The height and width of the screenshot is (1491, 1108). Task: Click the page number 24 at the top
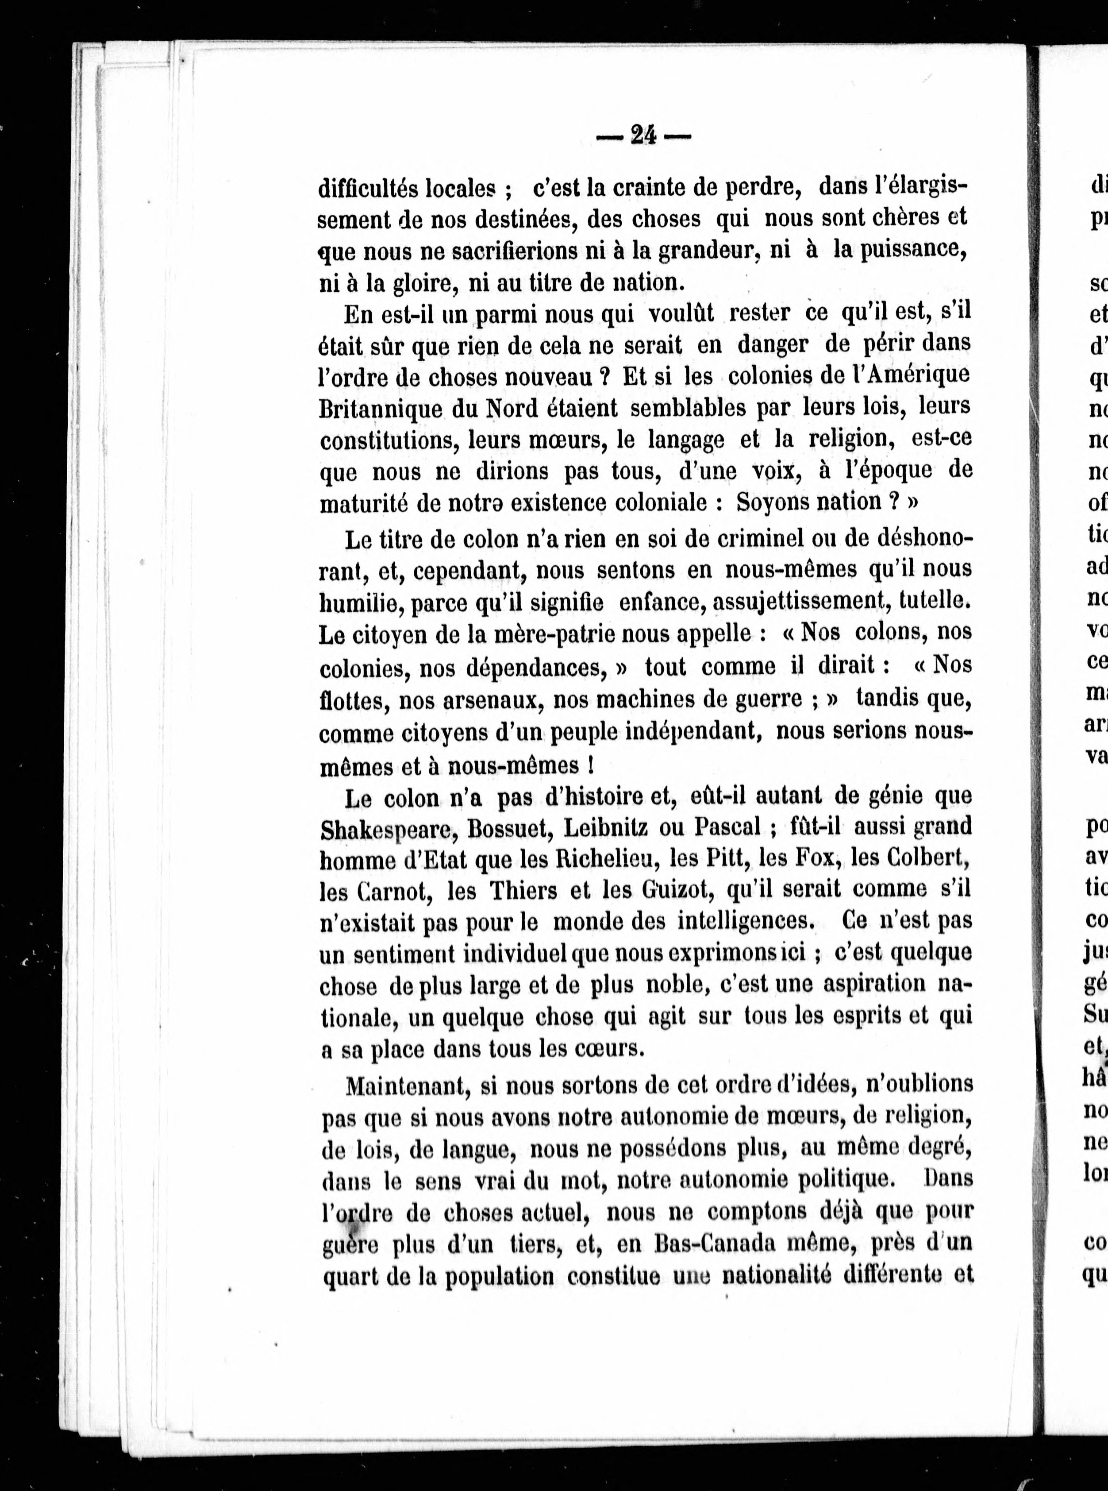pyautogui.click(x=642, y=135)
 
